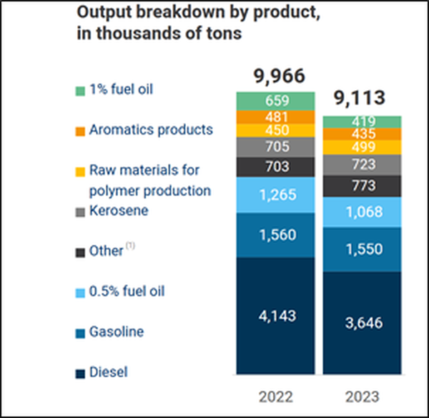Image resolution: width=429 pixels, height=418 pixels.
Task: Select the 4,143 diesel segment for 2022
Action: pyautogui.click(x=275, y=315)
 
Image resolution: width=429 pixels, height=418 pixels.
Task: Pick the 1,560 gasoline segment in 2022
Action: pyautogui.click(x=275, y=235)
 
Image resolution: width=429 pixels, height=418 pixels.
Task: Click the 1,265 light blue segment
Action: pyautogui.click(x=275, y=195)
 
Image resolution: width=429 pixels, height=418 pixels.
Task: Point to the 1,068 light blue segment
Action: pyautogui.click(x=361, y=211)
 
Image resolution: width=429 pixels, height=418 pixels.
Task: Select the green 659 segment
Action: pyautogui.click(x=275, y=101)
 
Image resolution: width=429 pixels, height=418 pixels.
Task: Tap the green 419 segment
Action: pyautogui.click(x=361, y=121)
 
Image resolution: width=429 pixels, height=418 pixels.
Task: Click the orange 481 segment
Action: pyautogui.click(x=275, y=117)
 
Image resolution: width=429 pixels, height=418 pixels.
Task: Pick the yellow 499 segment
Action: pyautogui.click(x=361, y=147)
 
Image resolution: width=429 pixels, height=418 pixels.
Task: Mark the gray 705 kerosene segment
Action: pyautogui.click(x=275, y=147)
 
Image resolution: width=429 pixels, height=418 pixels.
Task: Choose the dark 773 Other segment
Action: pyautogui.click(x=361, y=185)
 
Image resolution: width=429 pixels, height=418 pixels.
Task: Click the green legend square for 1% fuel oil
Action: pyautogui.click(x=79, y=90)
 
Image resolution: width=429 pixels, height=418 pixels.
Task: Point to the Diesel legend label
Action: pyautogui.click(x=107, y=372)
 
